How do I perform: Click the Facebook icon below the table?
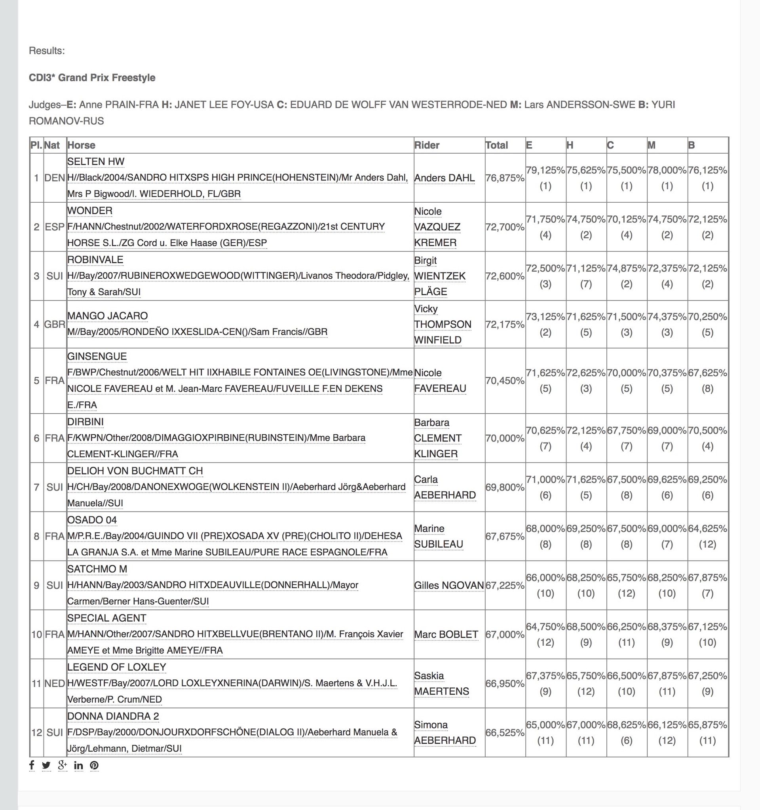32,765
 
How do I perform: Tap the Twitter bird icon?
46,766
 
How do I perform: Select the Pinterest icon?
94,766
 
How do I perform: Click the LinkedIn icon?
78,766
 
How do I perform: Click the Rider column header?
426,145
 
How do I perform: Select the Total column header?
496,145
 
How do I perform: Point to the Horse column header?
81,145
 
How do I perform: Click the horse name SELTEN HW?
96,162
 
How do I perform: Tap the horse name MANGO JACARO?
108,316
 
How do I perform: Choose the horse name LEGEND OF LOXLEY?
116,667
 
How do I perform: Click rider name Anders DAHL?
445,178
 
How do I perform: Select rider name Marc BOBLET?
446,634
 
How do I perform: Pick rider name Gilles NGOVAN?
449,586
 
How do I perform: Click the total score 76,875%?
505,178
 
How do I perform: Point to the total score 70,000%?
505,438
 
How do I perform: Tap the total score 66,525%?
505,732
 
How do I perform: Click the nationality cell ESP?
55,227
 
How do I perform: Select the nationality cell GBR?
55,324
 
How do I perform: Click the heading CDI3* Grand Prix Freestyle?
92,78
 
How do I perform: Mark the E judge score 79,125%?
545,170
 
